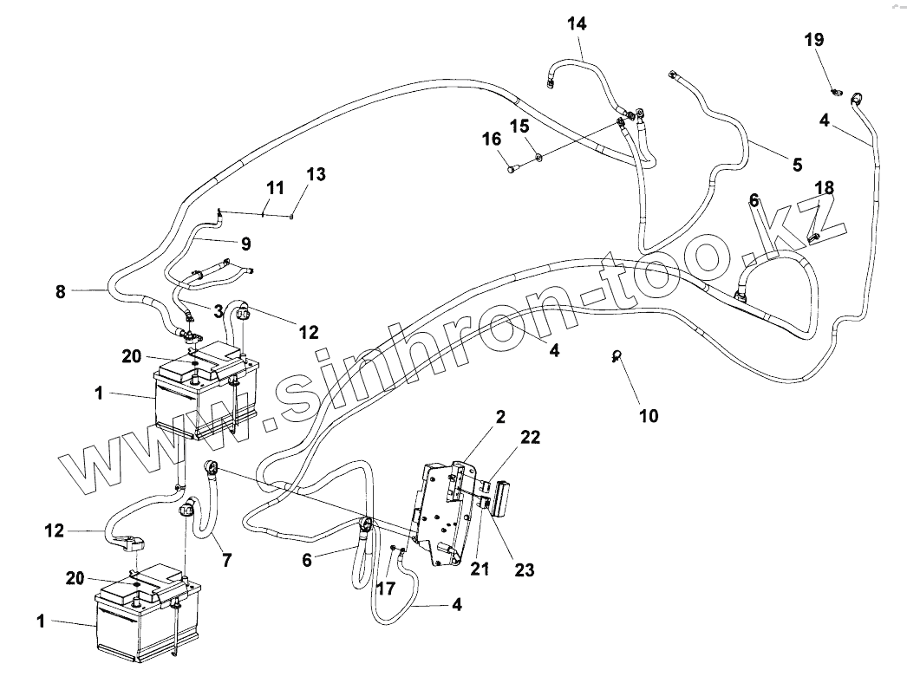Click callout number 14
pyautogui.click(x=577, y=23)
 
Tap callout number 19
pyautogui.click(x=813, y=40)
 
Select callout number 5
pyautogui.click(x=796, y=164)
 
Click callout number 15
pyautogui.click(x=519, y=127)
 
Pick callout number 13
pyautogui.click(x=316, y=174)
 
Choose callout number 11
pyautogui.click(x=275, y=187)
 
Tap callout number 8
pyautogui.click(x=60, y=292)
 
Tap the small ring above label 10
pyautogui.click(x=617, y=354)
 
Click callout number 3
pyautogui.click(x=219, y=309)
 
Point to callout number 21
pyautogui.click(x=480, y=569)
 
